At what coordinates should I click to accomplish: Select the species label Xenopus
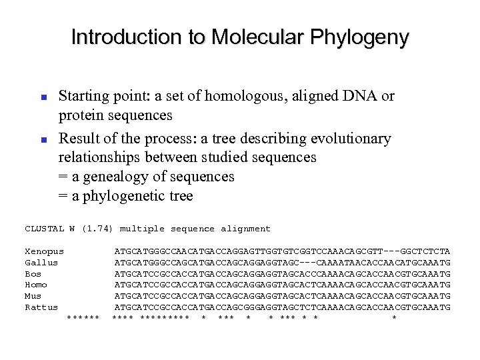click(x=44, y=251)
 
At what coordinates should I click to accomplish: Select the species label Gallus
click(x=41, y=263)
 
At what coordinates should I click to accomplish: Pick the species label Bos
click(x=33, y=273)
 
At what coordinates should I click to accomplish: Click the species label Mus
click(x=33, y=296)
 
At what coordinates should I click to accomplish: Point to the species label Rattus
click(x=41, y=307)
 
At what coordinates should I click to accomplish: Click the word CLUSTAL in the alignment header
click(x=44, y=229)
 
